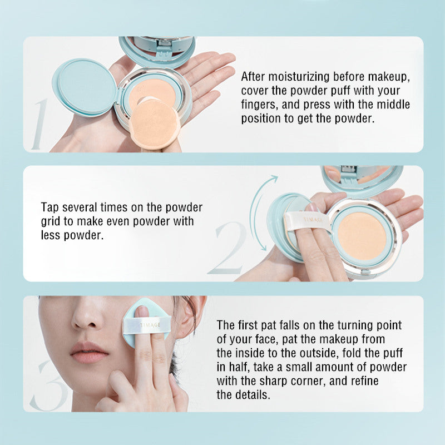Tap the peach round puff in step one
tap(152, 123)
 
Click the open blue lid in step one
tap(85, 87)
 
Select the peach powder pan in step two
tap(362, 236)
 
